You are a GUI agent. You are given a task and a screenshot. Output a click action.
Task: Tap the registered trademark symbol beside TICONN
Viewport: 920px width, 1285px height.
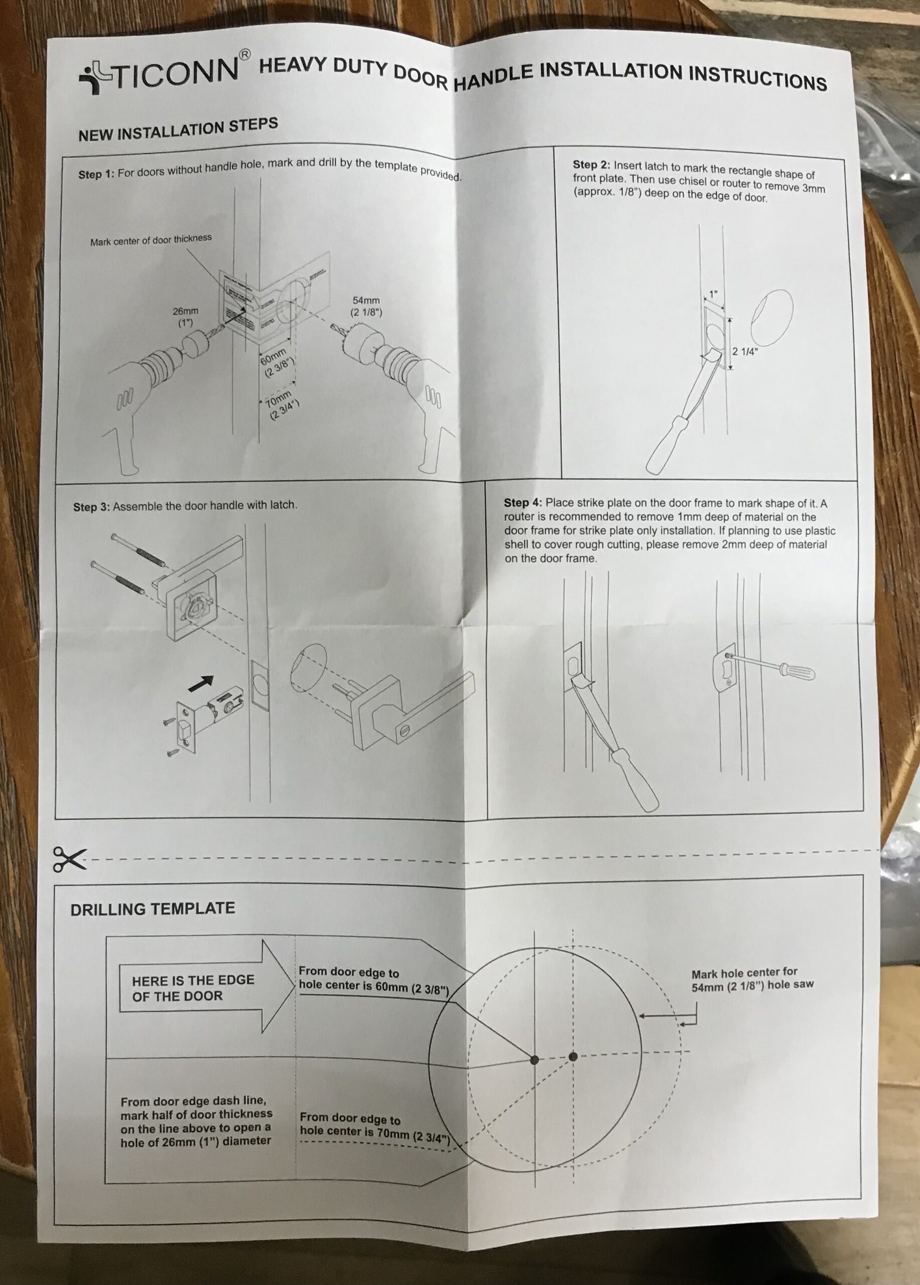click(x=244, y=55)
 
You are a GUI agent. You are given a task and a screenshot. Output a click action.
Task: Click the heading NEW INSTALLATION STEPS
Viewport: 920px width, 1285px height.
click(x=178, y=130)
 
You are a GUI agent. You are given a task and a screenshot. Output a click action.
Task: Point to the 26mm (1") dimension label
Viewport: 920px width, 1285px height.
click(x=186, y=316)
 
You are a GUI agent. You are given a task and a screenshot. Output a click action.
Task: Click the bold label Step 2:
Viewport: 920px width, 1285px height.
click(x=591, y=165)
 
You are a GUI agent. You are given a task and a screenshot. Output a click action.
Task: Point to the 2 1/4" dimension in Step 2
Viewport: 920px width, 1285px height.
click(x=744, y=351)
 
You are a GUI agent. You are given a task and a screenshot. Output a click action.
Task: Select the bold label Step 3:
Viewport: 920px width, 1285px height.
click(x=91, y=507)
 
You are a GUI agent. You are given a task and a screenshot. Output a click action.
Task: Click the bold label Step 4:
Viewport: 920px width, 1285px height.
click(x=522, y=502)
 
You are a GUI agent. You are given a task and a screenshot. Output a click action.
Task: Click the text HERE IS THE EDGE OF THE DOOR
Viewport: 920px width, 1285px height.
click(x=193, y=988)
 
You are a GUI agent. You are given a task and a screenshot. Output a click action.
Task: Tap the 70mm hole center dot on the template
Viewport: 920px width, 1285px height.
click(x=573, y=1057)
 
